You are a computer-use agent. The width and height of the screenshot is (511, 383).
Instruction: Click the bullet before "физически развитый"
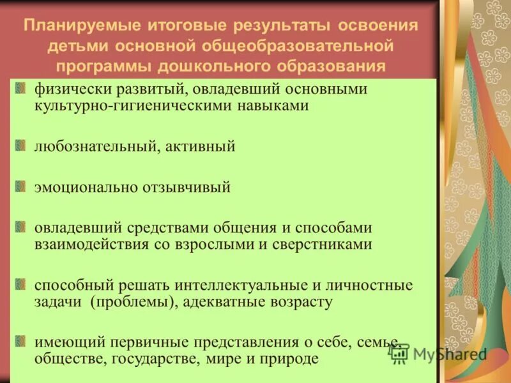coord(21,89)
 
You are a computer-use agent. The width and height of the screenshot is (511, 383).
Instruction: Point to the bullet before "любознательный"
coord(21,143)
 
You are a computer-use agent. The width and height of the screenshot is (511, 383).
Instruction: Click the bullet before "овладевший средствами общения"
coord(21,227)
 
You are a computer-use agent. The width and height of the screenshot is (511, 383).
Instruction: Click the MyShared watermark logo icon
coord(400,353)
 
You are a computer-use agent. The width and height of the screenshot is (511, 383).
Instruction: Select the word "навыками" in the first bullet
coord(281,105)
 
